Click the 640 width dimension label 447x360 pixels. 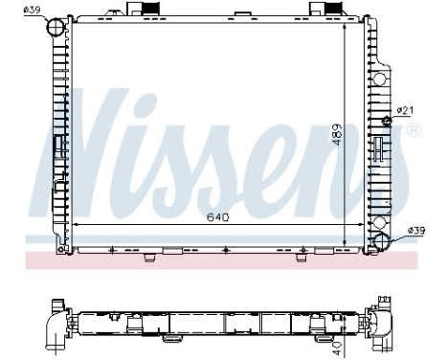[218, 217]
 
